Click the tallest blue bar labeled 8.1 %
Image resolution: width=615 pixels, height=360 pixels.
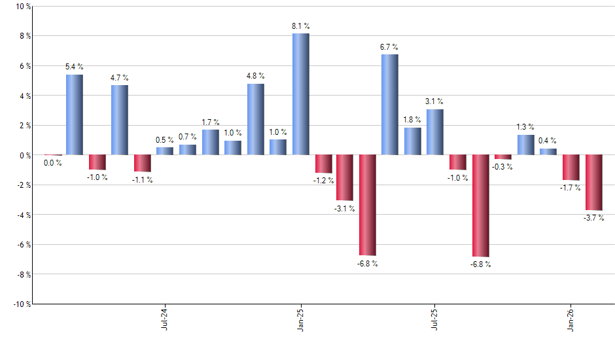tap(300, 94)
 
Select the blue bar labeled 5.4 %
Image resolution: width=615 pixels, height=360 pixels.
tap(75, 115)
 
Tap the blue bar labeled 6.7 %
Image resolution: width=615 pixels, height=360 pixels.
tap(389, 105)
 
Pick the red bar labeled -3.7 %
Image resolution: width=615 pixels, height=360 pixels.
tap(593, 183)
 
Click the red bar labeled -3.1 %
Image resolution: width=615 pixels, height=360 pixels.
tap(345, 177)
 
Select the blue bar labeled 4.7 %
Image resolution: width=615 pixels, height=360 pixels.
tap(120, 120)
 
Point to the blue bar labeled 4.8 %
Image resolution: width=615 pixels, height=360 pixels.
tap(255, 119)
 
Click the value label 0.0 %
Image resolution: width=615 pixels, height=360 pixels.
tap(52, 163)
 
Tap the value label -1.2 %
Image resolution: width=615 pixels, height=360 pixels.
tap(323, 180)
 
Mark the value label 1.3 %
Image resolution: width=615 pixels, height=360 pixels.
tap(525, 127)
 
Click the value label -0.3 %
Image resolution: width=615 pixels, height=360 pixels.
tap(503, 167)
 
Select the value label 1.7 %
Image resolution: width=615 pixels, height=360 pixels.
tap(210, 122)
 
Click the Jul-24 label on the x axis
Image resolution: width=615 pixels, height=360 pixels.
tap(164, 318)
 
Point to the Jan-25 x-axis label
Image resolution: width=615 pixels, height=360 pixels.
tap(300, 318)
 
